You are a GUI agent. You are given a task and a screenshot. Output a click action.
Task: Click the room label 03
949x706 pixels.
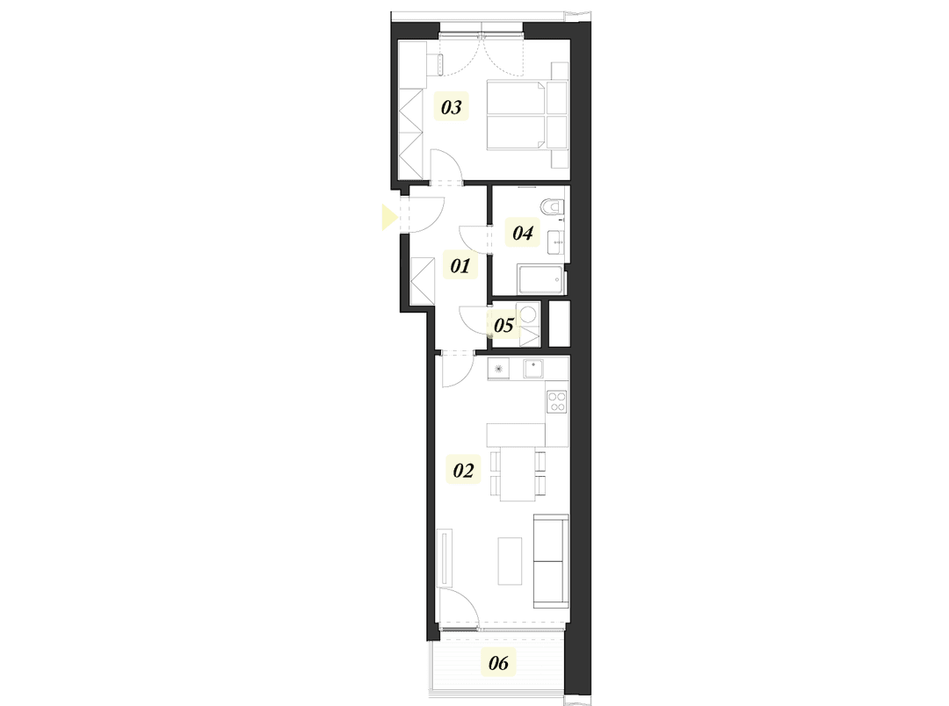coord(451,108)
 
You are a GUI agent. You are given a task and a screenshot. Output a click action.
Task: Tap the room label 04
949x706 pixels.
coord(523,233)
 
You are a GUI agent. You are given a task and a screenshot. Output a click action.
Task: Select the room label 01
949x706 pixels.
coord(461,265)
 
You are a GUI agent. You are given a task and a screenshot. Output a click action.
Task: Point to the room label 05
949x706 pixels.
coord(503,326)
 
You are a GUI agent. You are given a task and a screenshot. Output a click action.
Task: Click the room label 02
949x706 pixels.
coord(463,471)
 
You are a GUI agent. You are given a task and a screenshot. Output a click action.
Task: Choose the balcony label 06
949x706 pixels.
coord(498,663)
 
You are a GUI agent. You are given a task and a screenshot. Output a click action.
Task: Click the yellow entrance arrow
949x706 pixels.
coord(388,217)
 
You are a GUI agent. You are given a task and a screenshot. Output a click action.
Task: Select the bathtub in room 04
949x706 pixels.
coord(540,280)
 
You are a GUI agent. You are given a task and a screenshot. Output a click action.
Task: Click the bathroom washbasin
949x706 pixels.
coord(556,240)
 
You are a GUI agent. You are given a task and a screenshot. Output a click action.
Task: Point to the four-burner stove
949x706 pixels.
coord(557,402)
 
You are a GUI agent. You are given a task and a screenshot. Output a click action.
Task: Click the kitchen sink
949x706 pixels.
coord(533,369)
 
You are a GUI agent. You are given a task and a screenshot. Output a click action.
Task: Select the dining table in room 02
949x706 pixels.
coord(518,473)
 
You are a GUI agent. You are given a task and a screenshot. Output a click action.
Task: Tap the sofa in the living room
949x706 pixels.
coord(551,559)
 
